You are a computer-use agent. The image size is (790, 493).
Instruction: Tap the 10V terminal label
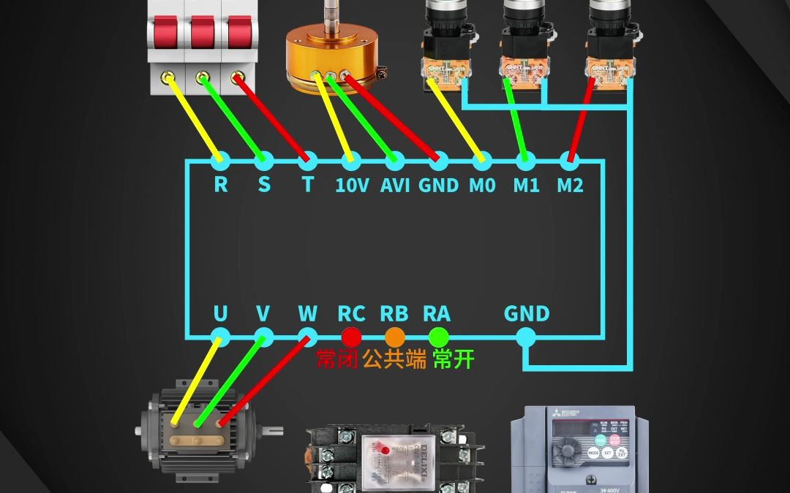coord(352,186)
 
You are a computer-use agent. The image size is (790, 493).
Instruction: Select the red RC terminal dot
coord(352,337)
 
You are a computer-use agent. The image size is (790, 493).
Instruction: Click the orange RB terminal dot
coord(394,337)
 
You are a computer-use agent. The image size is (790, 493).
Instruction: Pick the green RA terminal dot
coord(437,337)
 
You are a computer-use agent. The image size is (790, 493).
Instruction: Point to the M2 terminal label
coord(570,186)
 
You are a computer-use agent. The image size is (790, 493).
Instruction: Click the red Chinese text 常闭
coord(337,359)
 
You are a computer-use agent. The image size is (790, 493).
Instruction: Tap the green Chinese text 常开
coord(454,359)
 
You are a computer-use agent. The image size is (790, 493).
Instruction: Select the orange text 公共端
coord(394,359)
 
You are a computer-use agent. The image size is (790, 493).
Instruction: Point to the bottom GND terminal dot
coord(525,337)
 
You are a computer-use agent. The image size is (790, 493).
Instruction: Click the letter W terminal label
coord(308,314)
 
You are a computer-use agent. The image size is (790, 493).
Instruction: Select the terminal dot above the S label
coord(263,159)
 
